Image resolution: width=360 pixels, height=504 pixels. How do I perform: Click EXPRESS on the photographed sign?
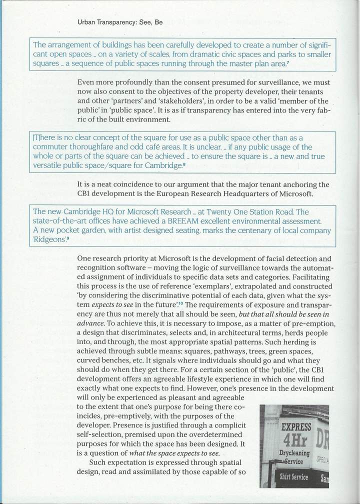point(296,428)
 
